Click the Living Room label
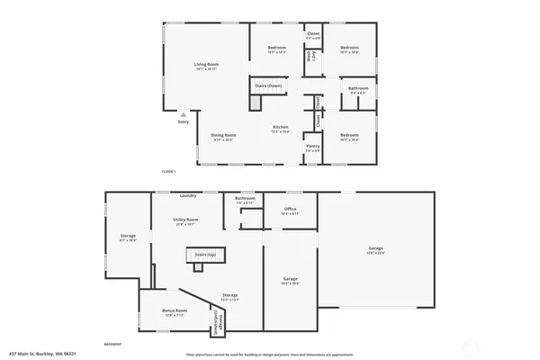207,64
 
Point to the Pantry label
312,145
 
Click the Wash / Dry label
310,56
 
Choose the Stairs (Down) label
266,86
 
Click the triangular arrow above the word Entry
183,115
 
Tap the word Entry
183,123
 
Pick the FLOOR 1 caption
168,171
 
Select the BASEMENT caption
112,344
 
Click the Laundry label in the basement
188,195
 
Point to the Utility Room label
185,220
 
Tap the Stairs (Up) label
205,255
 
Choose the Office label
290,209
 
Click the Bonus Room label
174,310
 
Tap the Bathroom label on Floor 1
357,87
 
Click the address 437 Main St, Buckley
41,353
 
